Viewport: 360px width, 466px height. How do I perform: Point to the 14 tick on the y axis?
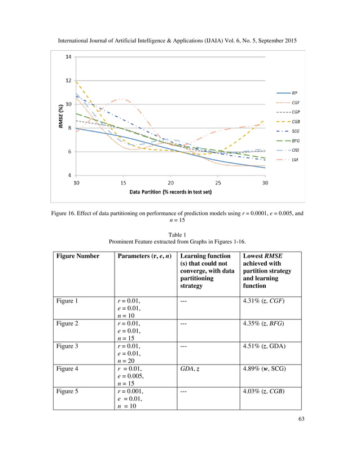(68, 57)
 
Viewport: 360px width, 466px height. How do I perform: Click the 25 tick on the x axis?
(218, 183)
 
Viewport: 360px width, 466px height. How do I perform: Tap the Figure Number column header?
(77, 256)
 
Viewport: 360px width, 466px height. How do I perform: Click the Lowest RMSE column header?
(262, 256)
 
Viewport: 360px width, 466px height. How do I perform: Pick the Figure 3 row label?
(70, 346)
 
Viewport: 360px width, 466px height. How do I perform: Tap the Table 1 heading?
(179, 235)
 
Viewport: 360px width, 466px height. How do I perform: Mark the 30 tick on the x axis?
(265, 183)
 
